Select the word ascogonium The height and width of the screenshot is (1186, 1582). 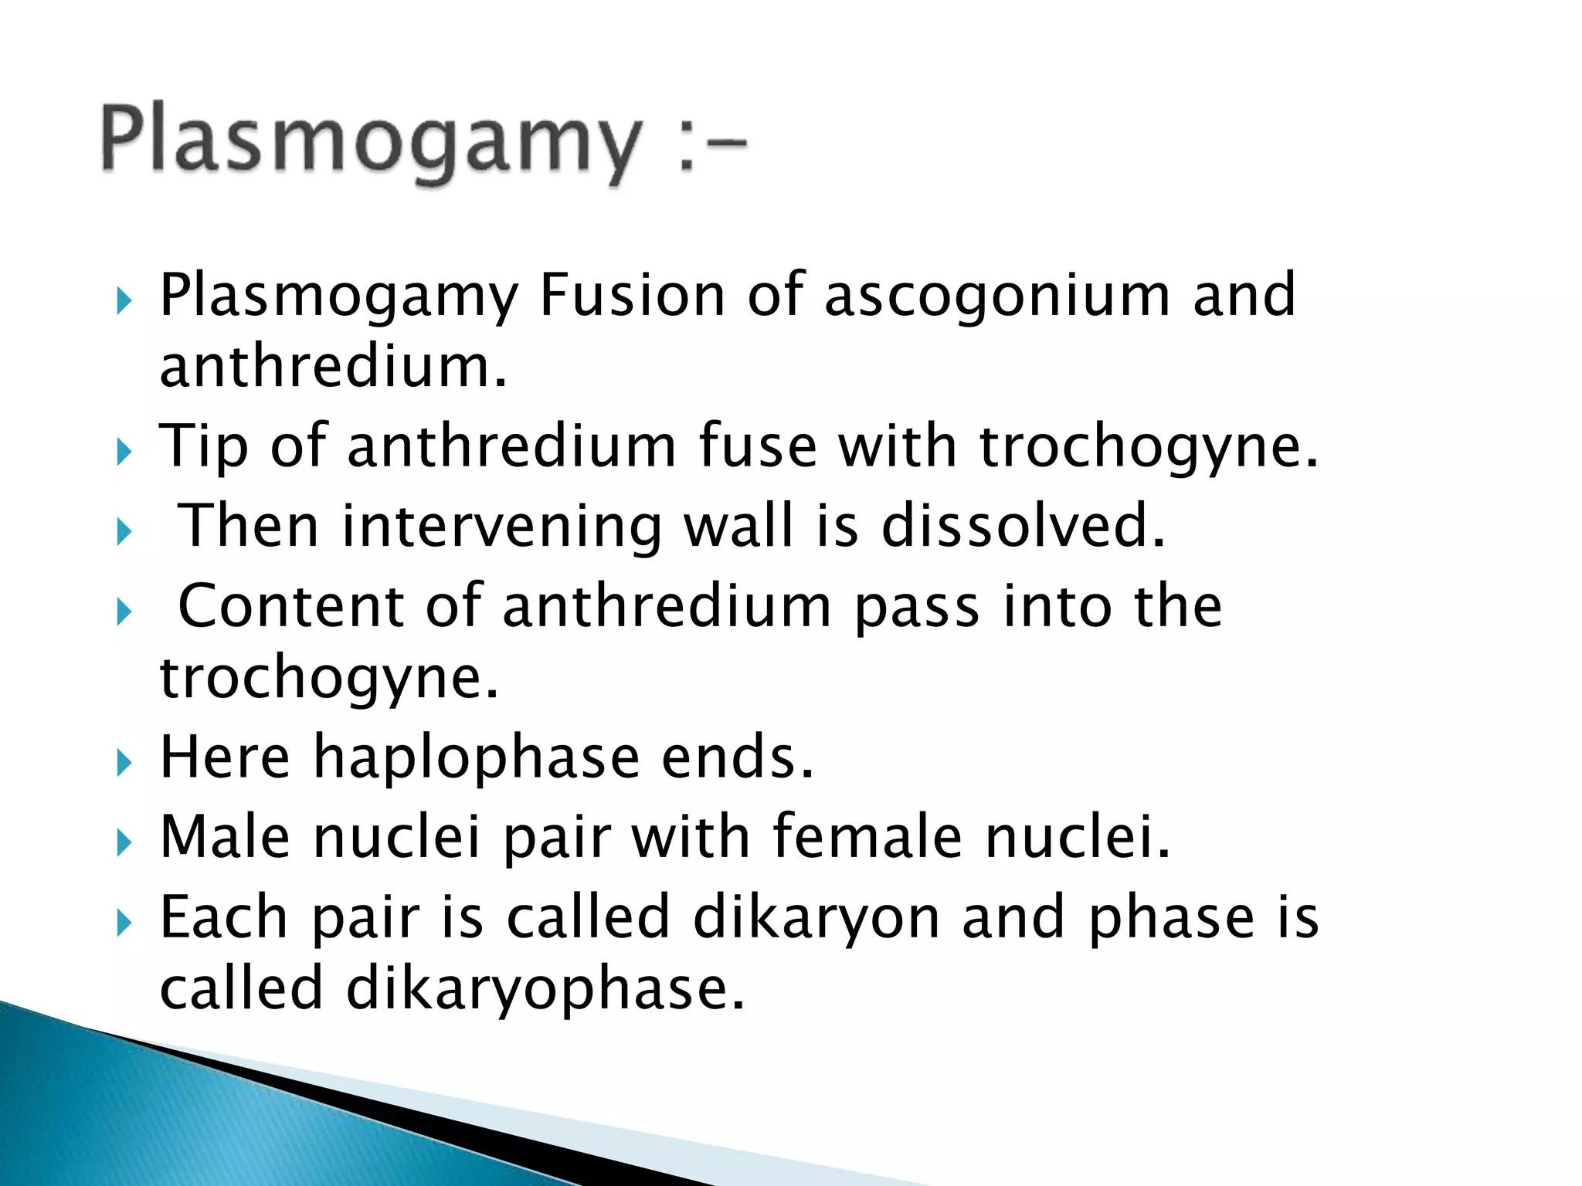[997, 296]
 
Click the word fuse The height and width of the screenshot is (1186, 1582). [758, 446]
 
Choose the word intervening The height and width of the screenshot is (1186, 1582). [502, 527]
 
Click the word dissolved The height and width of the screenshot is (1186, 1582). [1023, 526]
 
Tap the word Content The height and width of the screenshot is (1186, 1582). [290, 606]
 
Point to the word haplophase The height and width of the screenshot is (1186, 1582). [477, 758]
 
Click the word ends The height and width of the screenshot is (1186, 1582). [737, 757]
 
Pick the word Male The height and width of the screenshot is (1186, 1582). [225, 837]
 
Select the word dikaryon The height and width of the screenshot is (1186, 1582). [816, 919]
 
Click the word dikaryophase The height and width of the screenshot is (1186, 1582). [545, 990]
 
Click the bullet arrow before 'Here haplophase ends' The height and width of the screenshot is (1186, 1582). [124, 764]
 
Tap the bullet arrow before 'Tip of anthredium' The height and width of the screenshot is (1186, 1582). [124, 452]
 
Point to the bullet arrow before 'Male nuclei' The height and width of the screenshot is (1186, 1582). [124, 843]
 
